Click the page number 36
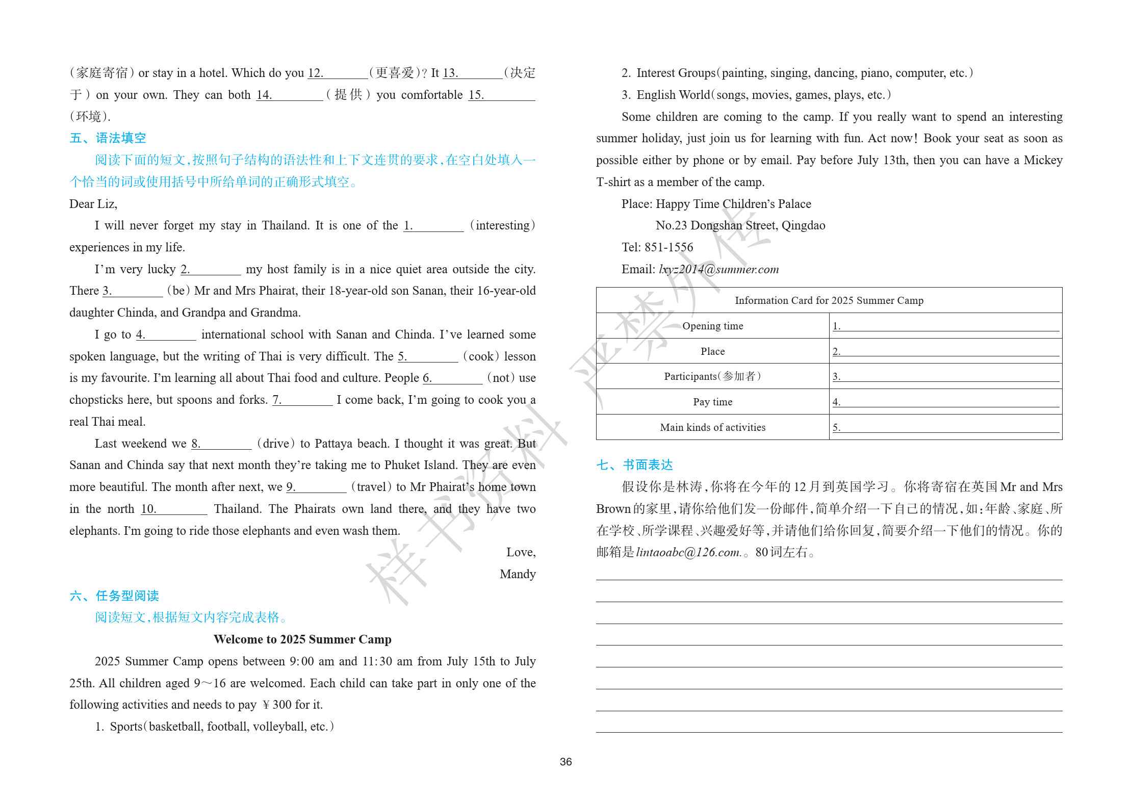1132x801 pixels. [x=565, y=762]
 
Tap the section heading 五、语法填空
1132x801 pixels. [x=108, y=138]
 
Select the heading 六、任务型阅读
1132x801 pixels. [x=114, y=596]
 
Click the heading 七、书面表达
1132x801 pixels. [x=634, y=465]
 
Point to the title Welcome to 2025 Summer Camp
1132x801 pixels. [x=302, y=639]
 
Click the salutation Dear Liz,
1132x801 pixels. [x=93, y=204]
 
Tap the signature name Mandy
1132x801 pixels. [x=518, y=574]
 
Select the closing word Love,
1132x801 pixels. [x=521, y=552]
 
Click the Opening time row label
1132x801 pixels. [x=712, y=326]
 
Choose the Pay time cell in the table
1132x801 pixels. [x=712, y=402]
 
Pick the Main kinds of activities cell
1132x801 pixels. [x=712, y=427]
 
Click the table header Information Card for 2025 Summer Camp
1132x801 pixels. [x=829, y=300]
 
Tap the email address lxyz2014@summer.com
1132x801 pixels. [x=718, y=269]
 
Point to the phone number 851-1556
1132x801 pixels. [x=668, y=247]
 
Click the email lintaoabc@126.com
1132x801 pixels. [x=688, y=552]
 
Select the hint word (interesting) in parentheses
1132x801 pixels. [x=502, y=225]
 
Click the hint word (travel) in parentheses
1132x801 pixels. [x=371, y=487]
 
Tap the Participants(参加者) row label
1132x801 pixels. [x=712, y=376]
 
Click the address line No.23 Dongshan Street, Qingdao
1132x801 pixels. [x=740, y=225]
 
